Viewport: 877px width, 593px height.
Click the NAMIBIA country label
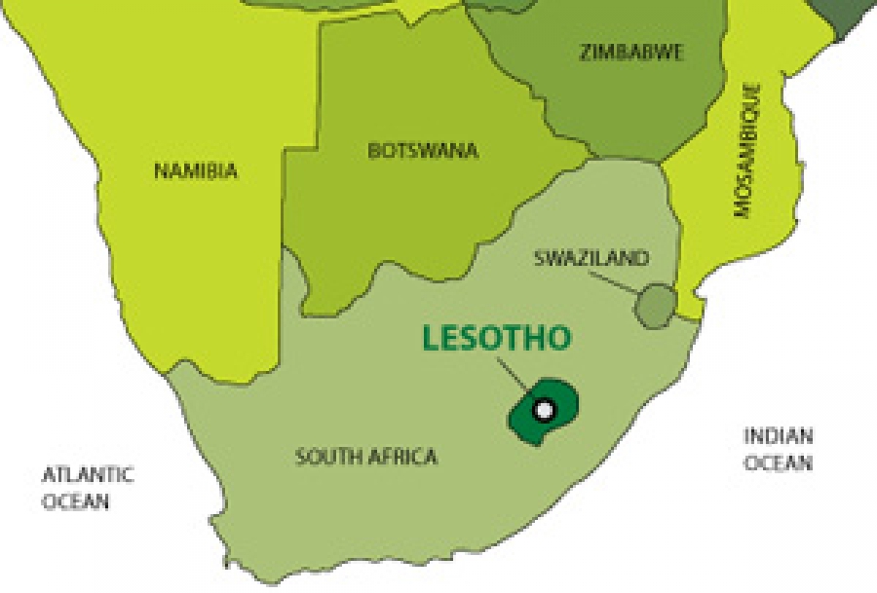click(x=196, y=171)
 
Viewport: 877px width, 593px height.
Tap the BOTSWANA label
click(x=423, y=151)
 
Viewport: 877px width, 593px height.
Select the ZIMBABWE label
click(x=630, y=53)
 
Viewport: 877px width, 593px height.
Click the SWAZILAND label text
click(x=591, y=258)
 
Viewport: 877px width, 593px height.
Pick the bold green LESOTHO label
click(x=496, y=338)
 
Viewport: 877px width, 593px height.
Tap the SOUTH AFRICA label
click(x=366, y=456)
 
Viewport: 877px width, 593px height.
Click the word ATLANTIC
click(x=88, y=475)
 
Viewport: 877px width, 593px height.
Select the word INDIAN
click(x=778, y=436)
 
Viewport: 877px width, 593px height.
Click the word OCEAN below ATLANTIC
click(x=75, y=502)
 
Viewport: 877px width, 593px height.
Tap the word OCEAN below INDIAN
click(x=778, y=463)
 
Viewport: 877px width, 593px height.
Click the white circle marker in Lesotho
click(x=544, y=410)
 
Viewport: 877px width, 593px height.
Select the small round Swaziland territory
click(x=655, y=305)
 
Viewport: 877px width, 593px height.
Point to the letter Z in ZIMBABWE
click(x=585, y=53)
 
